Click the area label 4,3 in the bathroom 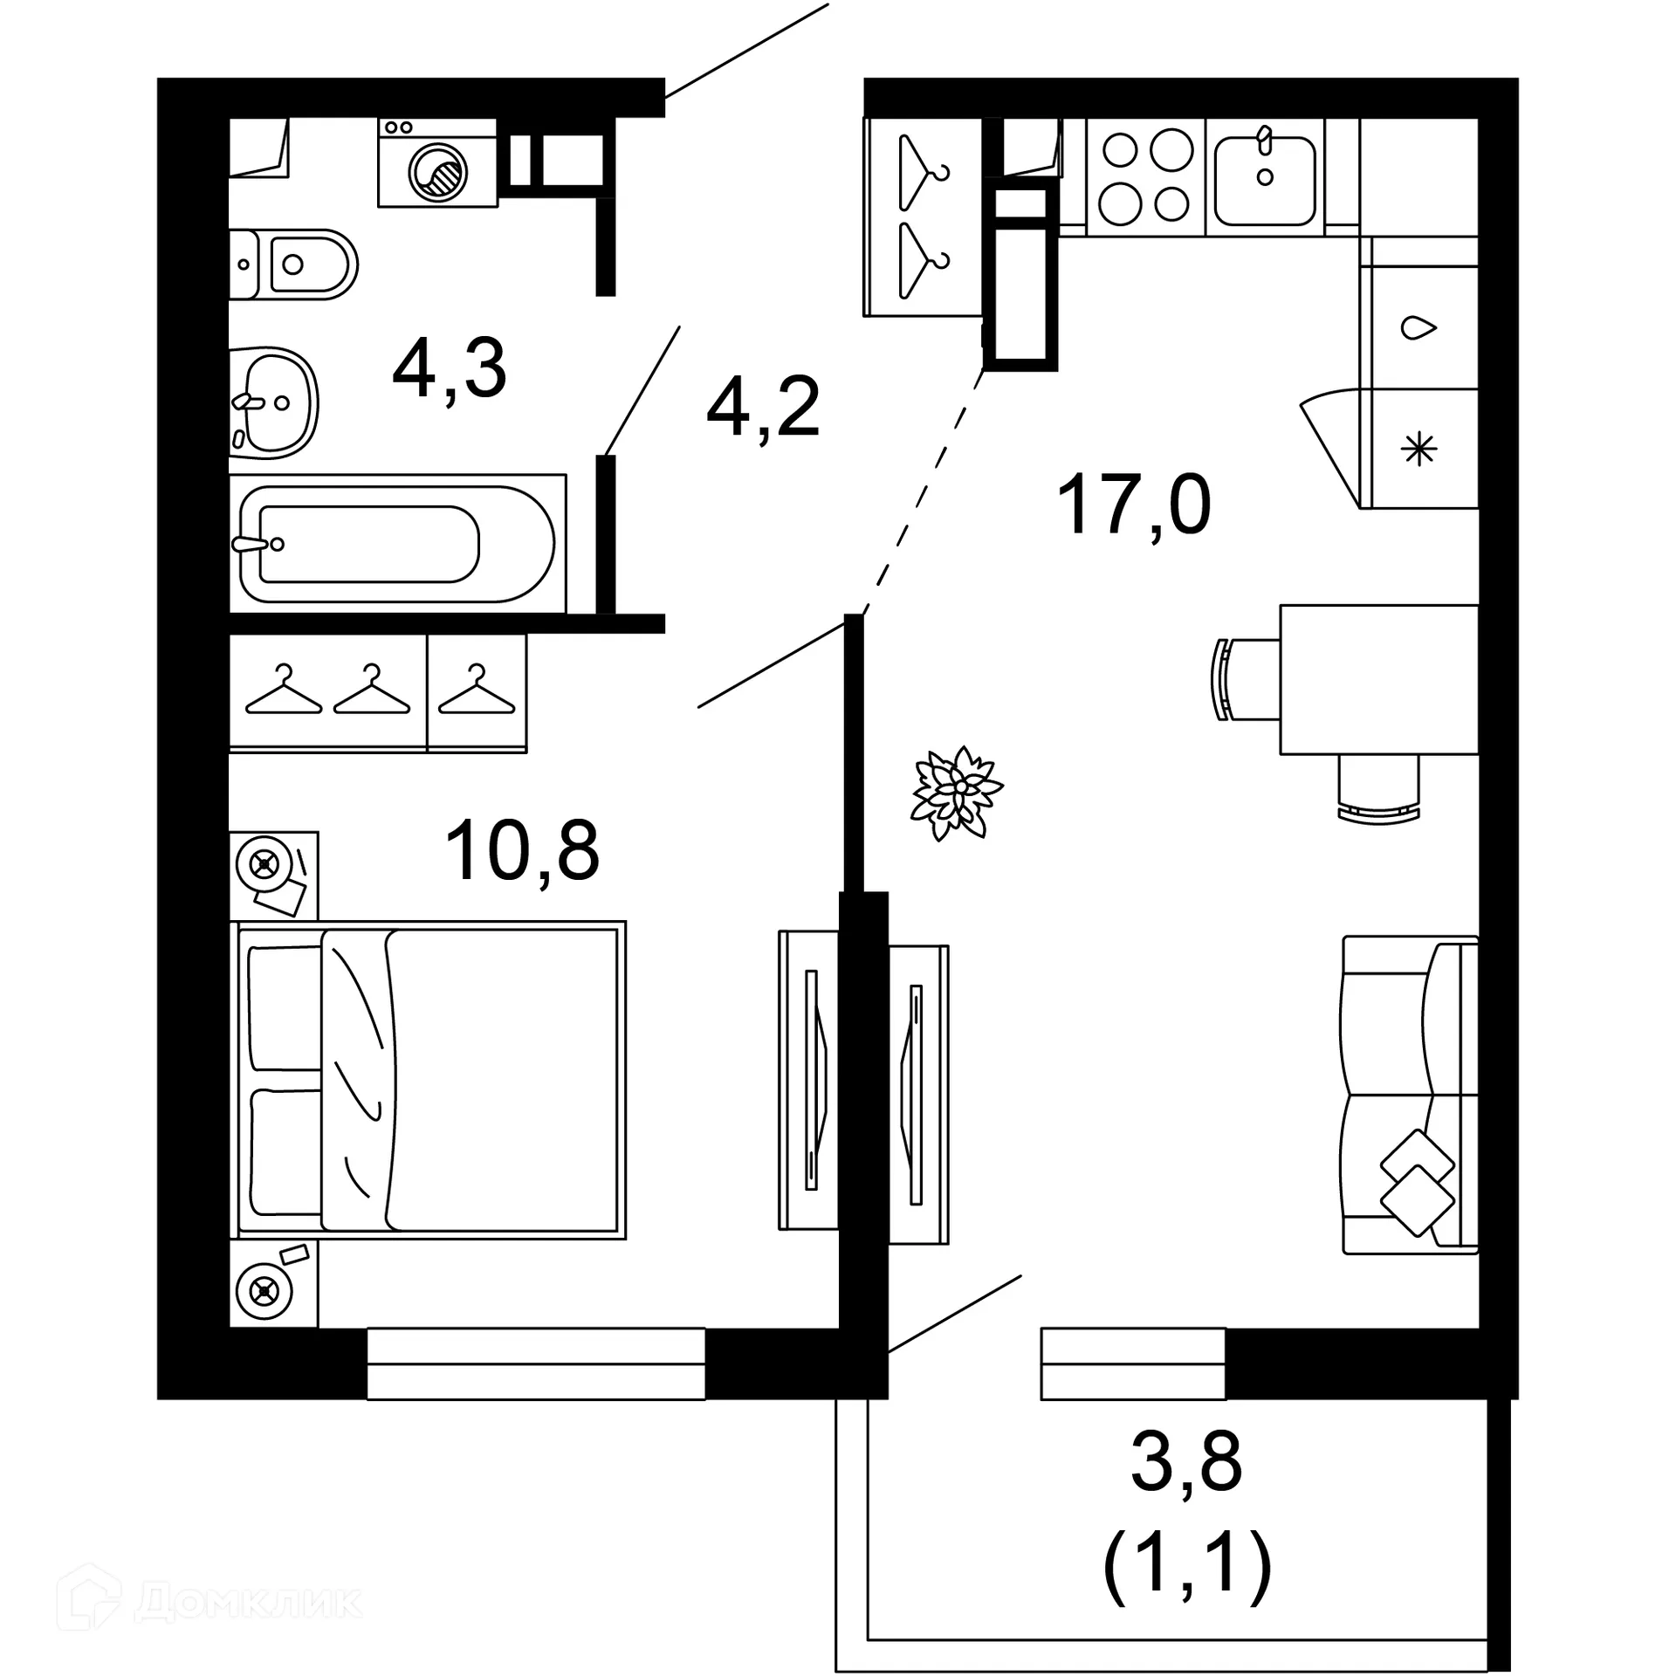click(450, 370)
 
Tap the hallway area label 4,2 click(763, 407)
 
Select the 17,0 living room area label click(1133, 505)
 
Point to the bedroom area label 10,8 click(522, 851)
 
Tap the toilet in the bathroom click(294, 264)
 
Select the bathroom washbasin click(274, 403)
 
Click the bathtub click(397, 544)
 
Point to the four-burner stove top click(1145, 177)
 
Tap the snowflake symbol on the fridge click(1418, 450)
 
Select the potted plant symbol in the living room click(957, 792)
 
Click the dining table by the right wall click(1379, 679)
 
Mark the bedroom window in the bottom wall click(535, 1363)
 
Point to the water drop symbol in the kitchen click(1418, 328)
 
